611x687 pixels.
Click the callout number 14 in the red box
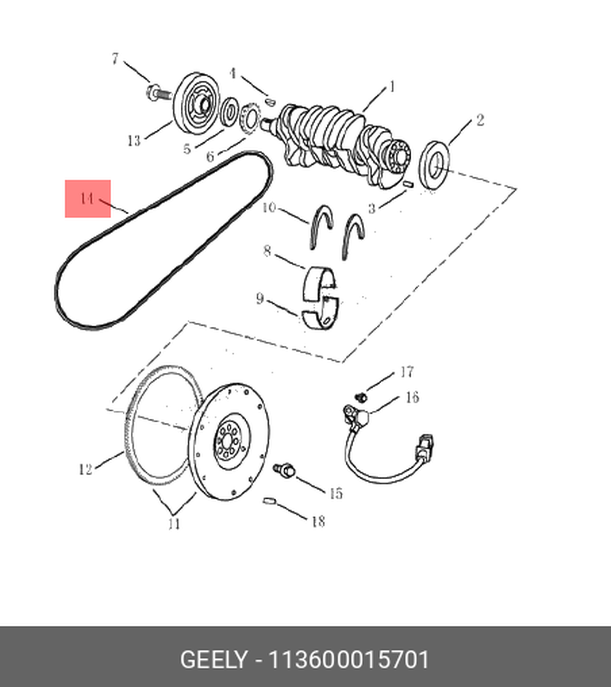pos(87,199)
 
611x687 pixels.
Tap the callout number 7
pos(115,59)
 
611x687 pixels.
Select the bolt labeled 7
pos(158,92)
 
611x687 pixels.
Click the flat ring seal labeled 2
pos(434,166)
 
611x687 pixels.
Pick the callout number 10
pos(269,207)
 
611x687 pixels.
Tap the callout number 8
pos(267,251)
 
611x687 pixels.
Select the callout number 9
pos(260,299)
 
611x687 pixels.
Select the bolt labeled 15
pos(284,469)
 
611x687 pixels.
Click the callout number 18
pos(318,521)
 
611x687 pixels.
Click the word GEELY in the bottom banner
pos(214,659)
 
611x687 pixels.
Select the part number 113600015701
pos(349,659)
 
